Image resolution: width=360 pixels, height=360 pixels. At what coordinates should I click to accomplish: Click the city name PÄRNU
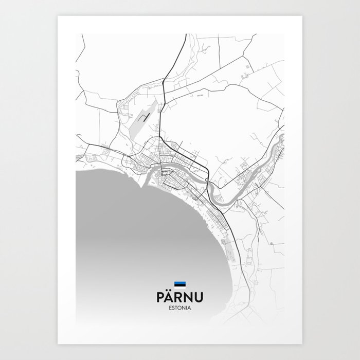180,298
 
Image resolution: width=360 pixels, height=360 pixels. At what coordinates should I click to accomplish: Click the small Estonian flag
180,284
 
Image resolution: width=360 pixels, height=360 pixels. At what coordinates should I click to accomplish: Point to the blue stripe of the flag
180,282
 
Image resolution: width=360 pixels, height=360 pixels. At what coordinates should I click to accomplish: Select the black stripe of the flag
180,284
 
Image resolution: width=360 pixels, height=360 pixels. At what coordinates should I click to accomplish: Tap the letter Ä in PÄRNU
170,298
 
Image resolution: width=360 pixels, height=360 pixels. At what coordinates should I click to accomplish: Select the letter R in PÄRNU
179,298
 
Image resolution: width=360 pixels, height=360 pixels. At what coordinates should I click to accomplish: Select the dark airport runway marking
146,117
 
